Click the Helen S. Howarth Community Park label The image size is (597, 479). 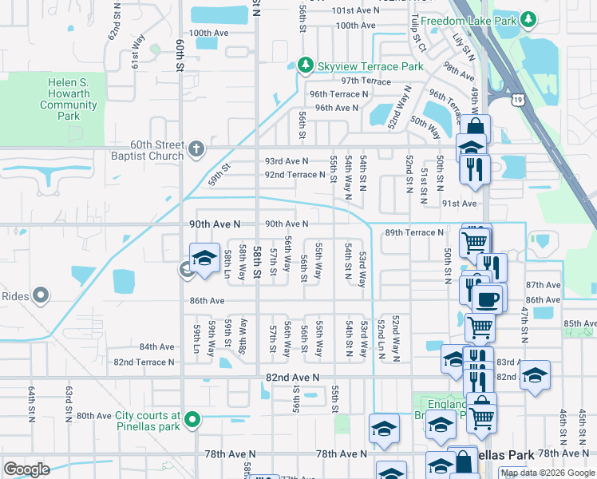[69, 99]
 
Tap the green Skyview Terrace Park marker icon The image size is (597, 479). [303, 65]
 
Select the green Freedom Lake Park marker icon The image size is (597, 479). [527, 18]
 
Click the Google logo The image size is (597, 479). [27, 469]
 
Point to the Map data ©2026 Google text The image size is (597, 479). [547, 473]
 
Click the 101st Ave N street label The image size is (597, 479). [356, 10]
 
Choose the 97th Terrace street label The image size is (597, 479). [366, 81]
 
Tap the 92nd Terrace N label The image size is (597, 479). [295, 175]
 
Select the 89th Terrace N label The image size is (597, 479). [413, 232]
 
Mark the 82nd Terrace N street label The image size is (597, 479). [144, 362]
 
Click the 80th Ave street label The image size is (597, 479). [93, 416]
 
